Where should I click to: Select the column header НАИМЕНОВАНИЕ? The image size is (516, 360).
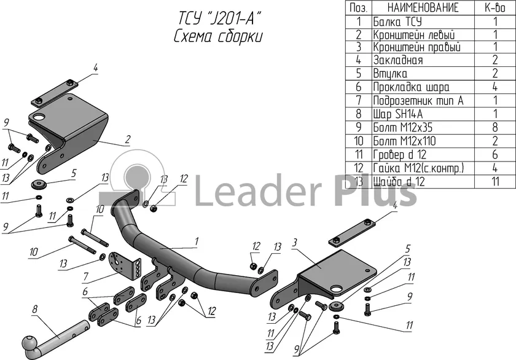423,8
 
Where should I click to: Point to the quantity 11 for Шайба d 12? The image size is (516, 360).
495,181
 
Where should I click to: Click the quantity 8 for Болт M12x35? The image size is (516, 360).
495,127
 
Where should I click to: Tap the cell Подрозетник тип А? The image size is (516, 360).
418,100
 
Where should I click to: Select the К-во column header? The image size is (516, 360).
495,8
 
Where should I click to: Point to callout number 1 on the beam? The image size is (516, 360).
197,241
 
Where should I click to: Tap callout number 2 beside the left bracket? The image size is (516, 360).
127,139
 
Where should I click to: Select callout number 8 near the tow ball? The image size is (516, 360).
34,310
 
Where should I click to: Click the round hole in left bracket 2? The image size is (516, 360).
39,117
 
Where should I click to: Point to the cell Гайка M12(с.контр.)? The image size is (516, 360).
418,168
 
